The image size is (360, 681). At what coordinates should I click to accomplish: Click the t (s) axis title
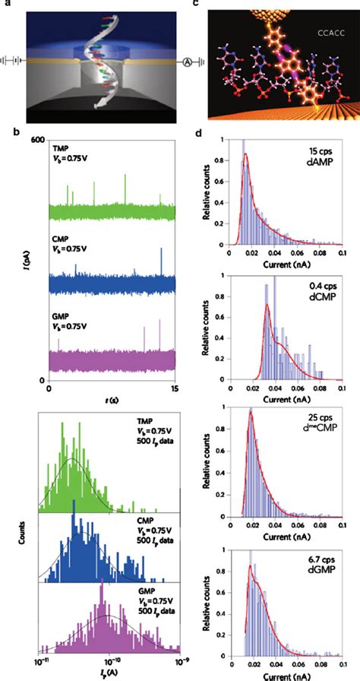pos(112,399)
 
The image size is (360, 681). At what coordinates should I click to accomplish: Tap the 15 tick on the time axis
pos(173,388)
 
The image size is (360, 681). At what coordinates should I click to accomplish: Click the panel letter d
pos(198,133)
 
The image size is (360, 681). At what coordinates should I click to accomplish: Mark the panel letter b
pos(5,133)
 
